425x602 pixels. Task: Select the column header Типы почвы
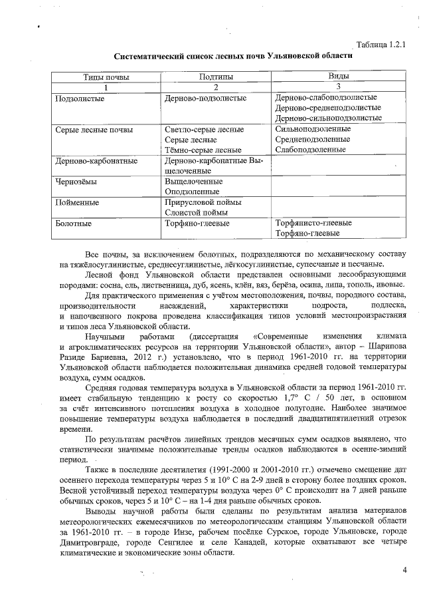(106, 77)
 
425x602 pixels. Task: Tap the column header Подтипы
(216, 77)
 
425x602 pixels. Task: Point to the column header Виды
(339, 77)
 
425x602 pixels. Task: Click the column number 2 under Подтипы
(216, 87)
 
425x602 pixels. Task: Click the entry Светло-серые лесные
(203, 130)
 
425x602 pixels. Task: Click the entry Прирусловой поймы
(203, 202)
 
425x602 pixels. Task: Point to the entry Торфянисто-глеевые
(313, 223)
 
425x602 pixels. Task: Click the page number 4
(404, 569)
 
